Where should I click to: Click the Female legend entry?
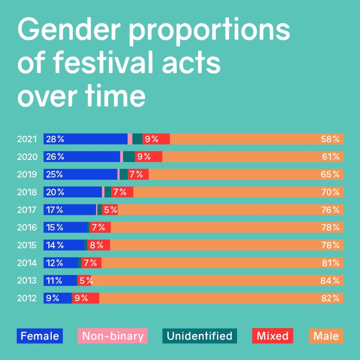pos(40,336)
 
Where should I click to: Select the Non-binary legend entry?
pos(112,336)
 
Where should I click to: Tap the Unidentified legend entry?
pos(200,336)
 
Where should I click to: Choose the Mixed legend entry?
pos(272,336)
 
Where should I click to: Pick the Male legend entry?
pos(326,336)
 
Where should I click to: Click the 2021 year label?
pos(27,139)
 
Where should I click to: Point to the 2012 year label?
pos(27,298)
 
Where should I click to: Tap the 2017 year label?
pos(27,210)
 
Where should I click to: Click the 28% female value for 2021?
pos(55,139)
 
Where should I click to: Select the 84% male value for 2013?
pos(330,281)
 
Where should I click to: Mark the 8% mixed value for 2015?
pos(97,245)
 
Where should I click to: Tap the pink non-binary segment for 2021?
pos(130,139)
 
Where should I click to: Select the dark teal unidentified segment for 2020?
pos(129,156)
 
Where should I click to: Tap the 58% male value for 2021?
pos(330,139)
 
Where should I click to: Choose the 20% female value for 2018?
pos(55,192)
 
